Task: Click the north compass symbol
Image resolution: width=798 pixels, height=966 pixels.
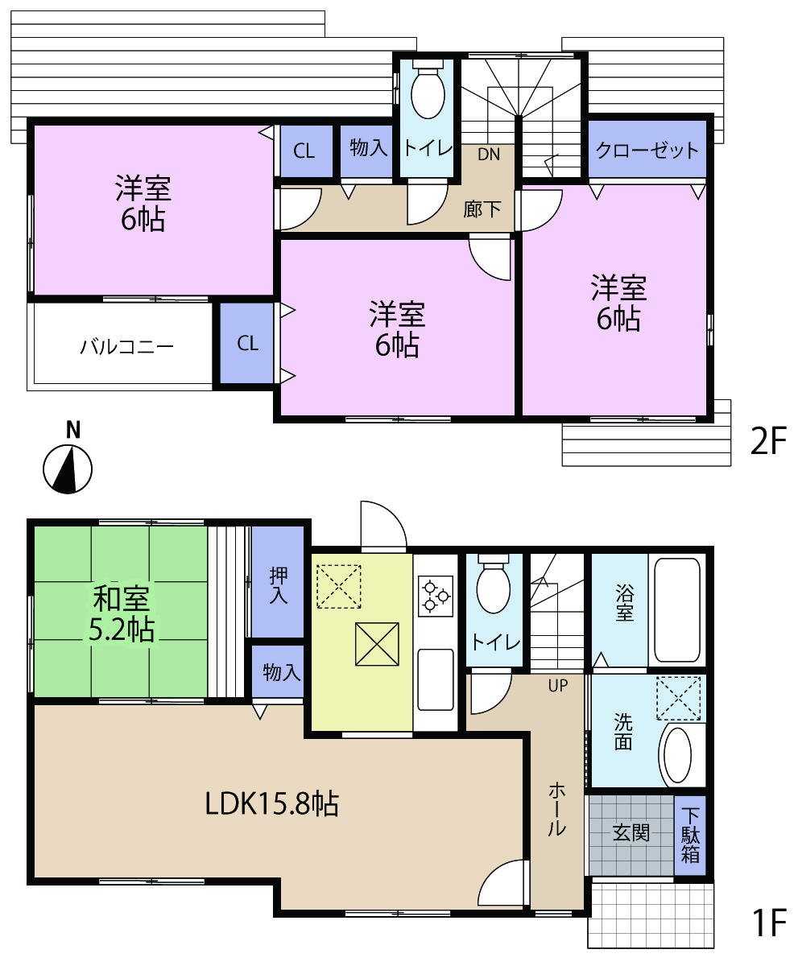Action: click(x=68, y=467)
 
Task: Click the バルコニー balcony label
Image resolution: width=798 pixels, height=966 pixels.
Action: click(x=126, y=347)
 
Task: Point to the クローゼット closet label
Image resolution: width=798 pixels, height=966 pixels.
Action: click(x=647, y=150)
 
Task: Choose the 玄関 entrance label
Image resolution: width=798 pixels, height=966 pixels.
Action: click(x=631, y=833)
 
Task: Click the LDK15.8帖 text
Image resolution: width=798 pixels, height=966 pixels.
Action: click(x=271, y=803)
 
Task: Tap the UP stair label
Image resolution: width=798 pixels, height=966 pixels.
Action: click(x=557, y=686)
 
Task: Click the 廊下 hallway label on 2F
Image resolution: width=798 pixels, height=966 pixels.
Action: click(x=482, y=209)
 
